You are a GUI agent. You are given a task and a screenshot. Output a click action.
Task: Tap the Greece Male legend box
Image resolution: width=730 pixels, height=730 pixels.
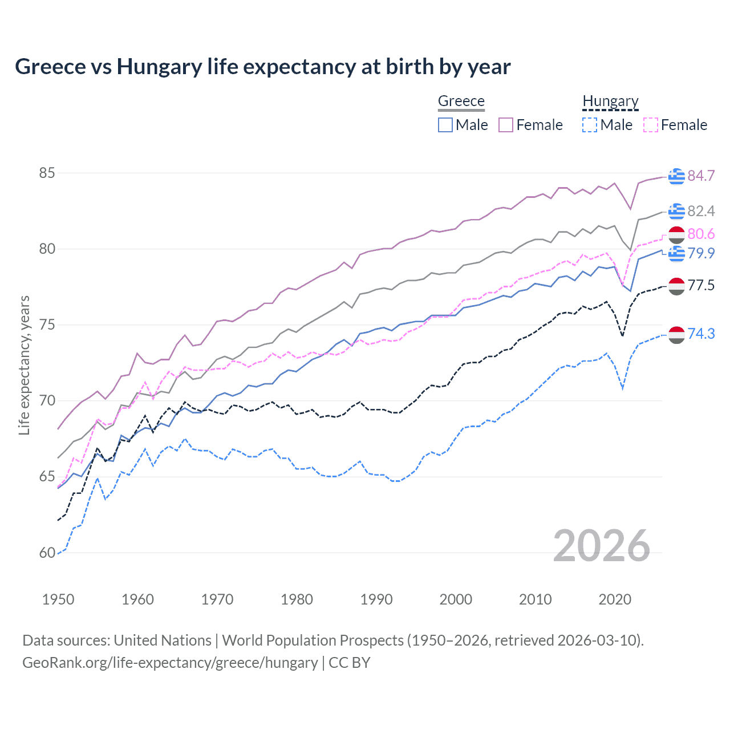point(445,125)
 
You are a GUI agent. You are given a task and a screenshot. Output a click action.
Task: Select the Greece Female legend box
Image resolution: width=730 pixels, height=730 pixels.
point(506,125)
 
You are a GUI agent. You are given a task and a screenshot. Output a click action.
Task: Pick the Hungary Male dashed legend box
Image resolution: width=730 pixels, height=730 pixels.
point(590,125)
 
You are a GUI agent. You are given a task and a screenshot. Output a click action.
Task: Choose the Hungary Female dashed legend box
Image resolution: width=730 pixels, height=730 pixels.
point(650,125)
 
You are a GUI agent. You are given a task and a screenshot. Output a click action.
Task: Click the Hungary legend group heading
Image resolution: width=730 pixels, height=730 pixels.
point(610,101)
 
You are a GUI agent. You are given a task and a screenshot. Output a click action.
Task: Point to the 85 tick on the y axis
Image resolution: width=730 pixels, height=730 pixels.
point(47,173)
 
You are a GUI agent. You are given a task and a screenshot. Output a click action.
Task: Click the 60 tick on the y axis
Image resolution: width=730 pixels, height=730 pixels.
point(47,553)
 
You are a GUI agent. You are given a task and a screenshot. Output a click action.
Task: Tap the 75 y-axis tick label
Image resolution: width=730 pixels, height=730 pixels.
point(47,325)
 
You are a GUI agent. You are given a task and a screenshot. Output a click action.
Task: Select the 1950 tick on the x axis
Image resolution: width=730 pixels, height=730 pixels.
point(58,599)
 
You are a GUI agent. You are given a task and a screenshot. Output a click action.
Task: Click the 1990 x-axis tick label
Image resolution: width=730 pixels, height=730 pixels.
point(376,599)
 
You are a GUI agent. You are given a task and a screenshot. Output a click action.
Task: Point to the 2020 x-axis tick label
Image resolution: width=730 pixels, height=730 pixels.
point(615,599)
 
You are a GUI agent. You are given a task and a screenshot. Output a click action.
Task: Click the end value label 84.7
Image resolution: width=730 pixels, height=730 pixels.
point(701,176)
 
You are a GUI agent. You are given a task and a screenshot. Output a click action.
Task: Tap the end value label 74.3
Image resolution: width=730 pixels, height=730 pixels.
point(701,334)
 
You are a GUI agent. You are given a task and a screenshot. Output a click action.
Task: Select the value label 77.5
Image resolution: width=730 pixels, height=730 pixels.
point(701,285)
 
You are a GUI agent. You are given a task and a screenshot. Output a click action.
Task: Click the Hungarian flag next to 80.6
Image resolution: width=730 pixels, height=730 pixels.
point(676,234)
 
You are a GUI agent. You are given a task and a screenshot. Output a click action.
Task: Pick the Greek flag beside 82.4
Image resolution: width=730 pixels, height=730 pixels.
point(676,211)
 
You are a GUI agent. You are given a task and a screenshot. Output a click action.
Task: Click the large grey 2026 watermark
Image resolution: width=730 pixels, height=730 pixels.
point(602,546)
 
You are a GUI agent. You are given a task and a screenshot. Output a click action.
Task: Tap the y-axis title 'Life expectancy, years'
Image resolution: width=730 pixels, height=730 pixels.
point(24,365)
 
